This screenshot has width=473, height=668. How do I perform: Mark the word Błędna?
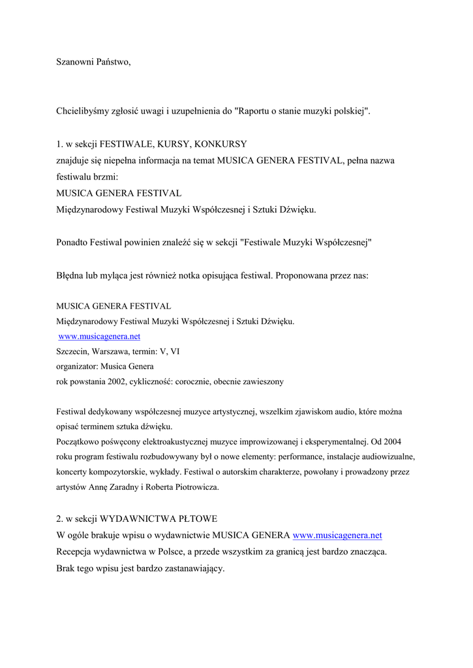pos(70,275)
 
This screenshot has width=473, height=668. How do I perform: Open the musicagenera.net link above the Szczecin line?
pos(99,337)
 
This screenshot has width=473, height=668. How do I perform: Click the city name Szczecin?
pos(72,352)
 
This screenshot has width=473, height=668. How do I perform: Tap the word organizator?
pos(77,366)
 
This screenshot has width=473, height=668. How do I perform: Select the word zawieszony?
pos(262,382)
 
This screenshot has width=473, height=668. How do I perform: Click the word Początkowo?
pos(78,442)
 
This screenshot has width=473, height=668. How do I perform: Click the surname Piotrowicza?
pos(196,487)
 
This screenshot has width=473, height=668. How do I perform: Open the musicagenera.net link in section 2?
pos(337,536)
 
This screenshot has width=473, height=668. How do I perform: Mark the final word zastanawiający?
pos(187,568)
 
